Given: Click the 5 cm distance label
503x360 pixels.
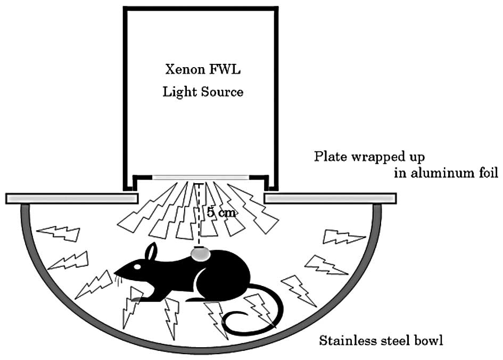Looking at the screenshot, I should point(220,212).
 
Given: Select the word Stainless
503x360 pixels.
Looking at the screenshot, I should point(347,340).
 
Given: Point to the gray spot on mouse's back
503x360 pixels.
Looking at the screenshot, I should point(200,255).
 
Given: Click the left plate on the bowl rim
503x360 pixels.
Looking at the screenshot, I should point(69,199).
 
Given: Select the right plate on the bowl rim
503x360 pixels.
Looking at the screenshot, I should point(333,199).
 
